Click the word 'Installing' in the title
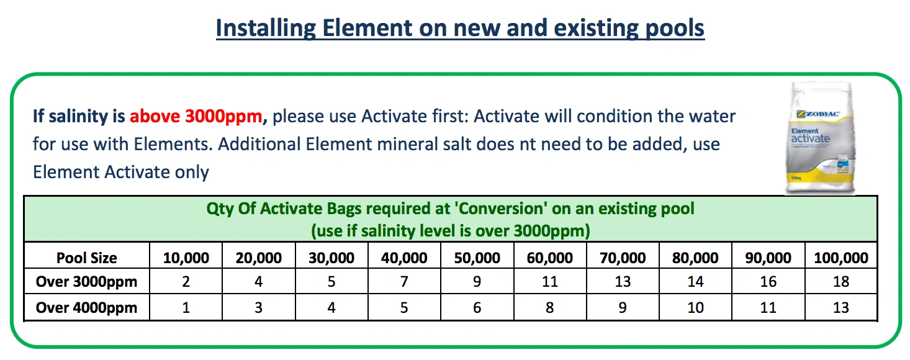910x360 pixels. tap(266, 29)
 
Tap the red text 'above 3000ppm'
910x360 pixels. tap(196, 116)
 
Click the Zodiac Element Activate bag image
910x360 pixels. tap(820, 138)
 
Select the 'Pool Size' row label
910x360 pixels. tap(86, 258)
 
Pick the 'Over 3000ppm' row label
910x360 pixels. tap(86, 282)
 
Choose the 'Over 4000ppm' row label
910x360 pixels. tap(86, 308)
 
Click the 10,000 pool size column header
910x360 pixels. tap(186, 258)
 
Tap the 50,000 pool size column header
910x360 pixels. tap(477, 258)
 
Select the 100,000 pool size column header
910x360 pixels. tap(841, 258)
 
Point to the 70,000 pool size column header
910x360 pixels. tap(623, 258)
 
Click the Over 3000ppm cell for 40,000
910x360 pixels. tap(404, 282)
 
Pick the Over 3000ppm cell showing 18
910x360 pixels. tap(841, 282)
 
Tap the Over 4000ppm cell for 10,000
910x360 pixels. tap(186, 308)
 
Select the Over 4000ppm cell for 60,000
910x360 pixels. tap(549, 308)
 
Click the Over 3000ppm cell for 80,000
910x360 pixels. tap(695, 282)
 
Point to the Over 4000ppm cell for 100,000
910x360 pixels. tap(841, 308)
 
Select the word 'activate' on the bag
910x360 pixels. tap(811, 138)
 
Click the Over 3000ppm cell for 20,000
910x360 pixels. tap(259, 282)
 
